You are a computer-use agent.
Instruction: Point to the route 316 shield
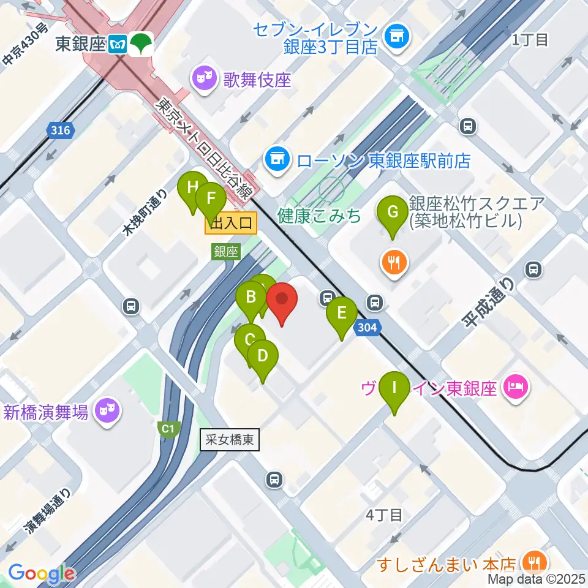(x=59, y=130)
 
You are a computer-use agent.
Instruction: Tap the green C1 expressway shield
(x=167, y=429)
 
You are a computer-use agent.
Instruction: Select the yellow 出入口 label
(x=231, y=225)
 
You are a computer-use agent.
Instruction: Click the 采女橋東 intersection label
(x=230, y=439)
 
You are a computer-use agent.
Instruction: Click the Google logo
(x=41, y=574)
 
